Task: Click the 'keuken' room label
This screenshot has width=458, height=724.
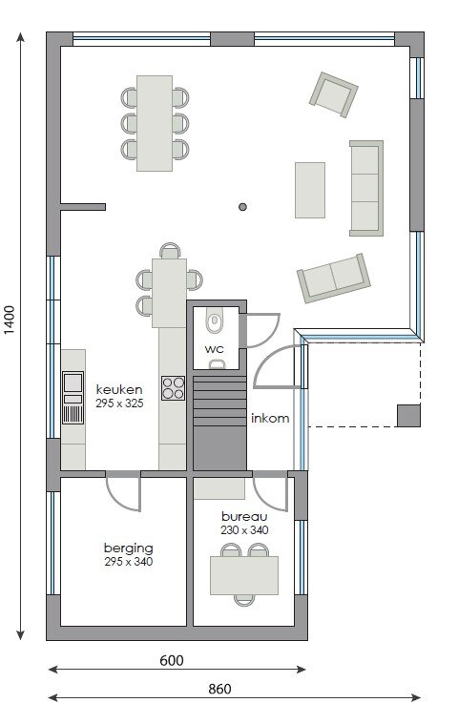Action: [x=119, y=389]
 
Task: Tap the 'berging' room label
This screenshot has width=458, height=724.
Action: [x=129, y=548]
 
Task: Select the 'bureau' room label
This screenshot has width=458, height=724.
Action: [x=244, y=516]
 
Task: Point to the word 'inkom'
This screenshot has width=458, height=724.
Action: [x=270, y=419]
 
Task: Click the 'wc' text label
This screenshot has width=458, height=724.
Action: [x=215, y=349]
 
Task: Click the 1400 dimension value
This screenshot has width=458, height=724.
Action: [x=10, y=320]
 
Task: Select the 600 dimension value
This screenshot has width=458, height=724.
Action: [x=172, y=660]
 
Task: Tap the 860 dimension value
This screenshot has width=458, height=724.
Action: [x=219, y=689]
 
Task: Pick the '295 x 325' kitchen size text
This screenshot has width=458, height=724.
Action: [x=119, y=403]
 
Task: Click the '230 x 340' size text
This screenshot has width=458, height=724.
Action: [x=244, y=530]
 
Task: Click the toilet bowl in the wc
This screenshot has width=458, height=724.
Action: [x=214, y=320]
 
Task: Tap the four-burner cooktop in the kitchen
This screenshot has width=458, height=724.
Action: [x=173, y=388]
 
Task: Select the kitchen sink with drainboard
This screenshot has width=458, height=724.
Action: [x=73, y=398]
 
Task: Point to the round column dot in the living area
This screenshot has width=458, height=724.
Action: [x=242, y=207]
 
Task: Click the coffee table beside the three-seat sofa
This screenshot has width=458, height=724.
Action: [x=310, y=190]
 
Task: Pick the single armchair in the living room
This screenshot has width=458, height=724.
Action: [x=333, y=94]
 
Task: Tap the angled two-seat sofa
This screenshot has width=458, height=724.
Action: [x=333, y=278]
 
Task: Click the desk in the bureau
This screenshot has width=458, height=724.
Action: [x=244, y=575]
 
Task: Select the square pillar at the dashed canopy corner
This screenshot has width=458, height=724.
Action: [x=408, y=416]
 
